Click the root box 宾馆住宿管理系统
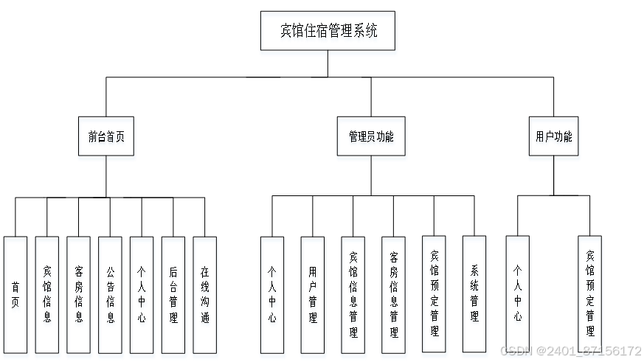pos(329,33)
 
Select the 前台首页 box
pos(107,138)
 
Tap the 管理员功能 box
pos(371,138)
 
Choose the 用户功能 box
pos(554,138)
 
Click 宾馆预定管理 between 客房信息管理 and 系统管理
pos(434,295)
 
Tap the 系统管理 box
pos(474,295)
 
